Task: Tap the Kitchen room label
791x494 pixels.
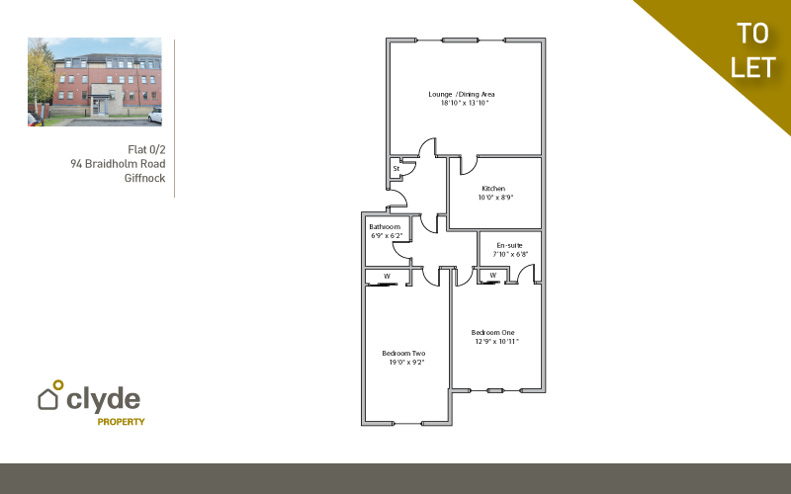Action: (493, 189)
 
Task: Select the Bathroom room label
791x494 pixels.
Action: (386, 227)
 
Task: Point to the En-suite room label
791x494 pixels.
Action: (509, 245)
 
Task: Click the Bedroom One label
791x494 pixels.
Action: (494, 332)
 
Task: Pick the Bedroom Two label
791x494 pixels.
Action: (403, 354)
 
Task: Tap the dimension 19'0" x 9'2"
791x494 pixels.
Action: (405, 363)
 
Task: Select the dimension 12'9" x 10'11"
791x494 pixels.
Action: (495, 341)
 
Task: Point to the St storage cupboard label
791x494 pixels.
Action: (395, 168)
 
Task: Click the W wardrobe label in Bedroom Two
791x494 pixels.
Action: (387, 276)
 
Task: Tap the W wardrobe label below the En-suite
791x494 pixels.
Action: (492, 275)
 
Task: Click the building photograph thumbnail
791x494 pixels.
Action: (95, 82)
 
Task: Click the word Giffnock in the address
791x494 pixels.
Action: (144, 178)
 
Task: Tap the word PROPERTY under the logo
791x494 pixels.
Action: (121, 422)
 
